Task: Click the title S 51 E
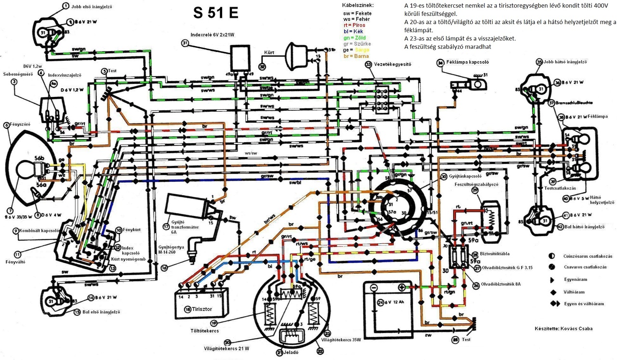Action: point(215,13)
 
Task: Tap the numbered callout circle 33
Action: point(368,64)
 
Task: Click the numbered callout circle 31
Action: point(184,43)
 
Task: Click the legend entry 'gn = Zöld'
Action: point(355,38)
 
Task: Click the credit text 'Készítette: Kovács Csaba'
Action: point(563,329)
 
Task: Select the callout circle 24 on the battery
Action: point(380,303)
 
